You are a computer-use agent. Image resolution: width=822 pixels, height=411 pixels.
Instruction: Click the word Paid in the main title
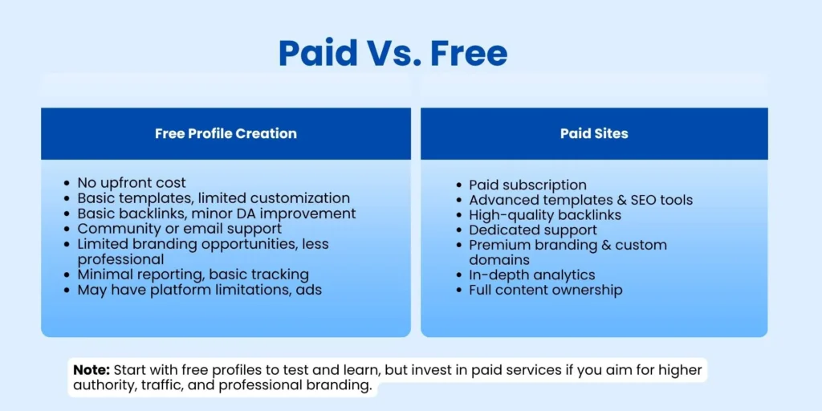[x=316, y=53]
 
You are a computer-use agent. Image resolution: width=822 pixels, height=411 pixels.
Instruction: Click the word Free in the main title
[x=470, y=53]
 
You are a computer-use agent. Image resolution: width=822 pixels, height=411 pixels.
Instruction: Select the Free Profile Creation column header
[x=226, y=133]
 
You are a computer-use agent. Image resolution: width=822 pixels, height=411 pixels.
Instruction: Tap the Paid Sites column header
[x=594, y=133]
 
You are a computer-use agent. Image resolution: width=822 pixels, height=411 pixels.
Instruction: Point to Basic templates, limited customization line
[x=214, y=198]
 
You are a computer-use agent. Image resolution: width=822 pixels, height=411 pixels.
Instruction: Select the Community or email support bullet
[x=179, y=229]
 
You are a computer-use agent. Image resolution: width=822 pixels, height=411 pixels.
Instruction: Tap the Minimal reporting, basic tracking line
[x=193, y=275]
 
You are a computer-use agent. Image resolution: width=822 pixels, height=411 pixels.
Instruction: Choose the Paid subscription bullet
[x=527, y=185]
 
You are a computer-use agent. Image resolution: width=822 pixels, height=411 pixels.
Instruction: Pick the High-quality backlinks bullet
[x=545, y=214]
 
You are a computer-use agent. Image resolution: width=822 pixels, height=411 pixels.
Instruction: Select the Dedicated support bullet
[x=533, y=230]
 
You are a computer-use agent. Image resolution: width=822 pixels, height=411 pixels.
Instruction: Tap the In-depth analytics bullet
[x=531, y=275]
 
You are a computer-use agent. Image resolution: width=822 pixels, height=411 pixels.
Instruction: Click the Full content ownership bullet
[x=545, y=290]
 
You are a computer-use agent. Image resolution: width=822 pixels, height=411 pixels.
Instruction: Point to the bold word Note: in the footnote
[x=91, y=370]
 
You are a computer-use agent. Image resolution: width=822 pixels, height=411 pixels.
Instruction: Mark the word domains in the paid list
[x=499, y=260]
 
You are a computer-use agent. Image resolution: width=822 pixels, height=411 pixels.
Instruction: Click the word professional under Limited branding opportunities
[x=120, y=259]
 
